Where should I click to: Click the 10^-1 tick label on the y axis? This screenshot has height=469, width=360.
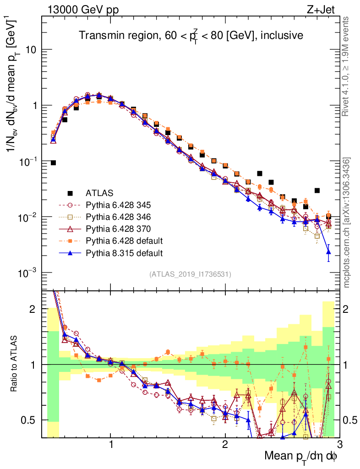pyautogui.click(x=28, y=161)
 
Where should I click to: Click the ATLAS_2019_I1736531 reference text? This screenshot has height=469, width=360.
pyautogui.click(x=190, y=275)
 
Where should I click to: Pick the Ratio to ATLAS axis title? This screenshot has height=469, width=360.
pyautogui.click(x=15, y=364)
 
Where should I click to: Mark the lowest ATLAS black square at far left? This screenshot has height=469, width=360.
pyautogui.click(x=53, y=163)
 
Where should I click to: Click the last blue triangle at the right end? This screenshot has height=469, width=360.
pyautogui.click(x=328, y=251)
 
